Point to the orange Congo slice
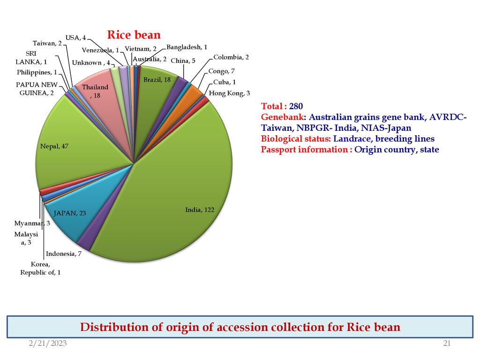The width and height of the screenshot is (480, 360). click(x=192, y=91)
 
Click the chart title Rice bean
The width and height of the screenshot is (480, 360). click(x=134, y=35)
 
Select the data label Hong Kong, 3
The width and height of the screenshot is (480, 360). click(x=229, y=93)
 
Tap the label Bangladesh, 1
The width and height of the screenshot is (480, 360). click(x=187, y=47)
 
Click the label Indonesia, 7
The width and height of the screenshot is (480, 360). click(x=64, y=254)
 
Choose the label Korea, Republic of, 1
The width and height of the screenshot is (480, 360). click(x=40, y=269)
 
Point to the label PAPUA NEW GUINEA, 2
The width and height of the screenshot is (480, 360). click(x=37, y=89)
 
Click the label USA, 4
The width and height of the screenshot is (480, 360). click(x=75, y=37)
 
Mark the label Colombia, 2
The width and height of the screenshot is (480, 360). click(x=231, y=57)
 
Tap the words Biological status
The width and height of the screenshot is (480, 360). click(x=296, y=139)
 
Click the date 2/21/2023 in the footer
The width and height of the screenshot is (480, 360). click(x=48, y=344)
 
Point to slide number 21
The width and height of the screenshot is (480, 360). click(x=447, y=344)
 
